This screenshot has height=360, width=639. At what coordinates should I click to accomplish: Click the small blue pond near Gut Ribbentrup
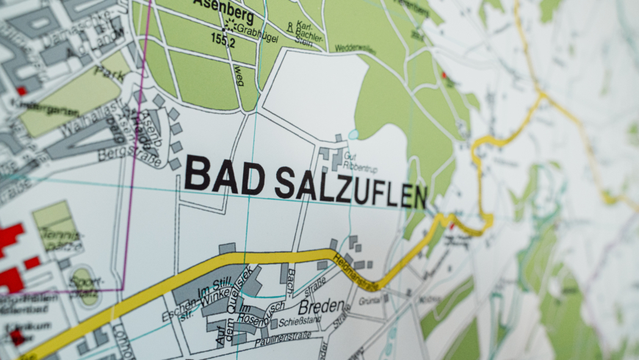[x=354, y=135]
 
